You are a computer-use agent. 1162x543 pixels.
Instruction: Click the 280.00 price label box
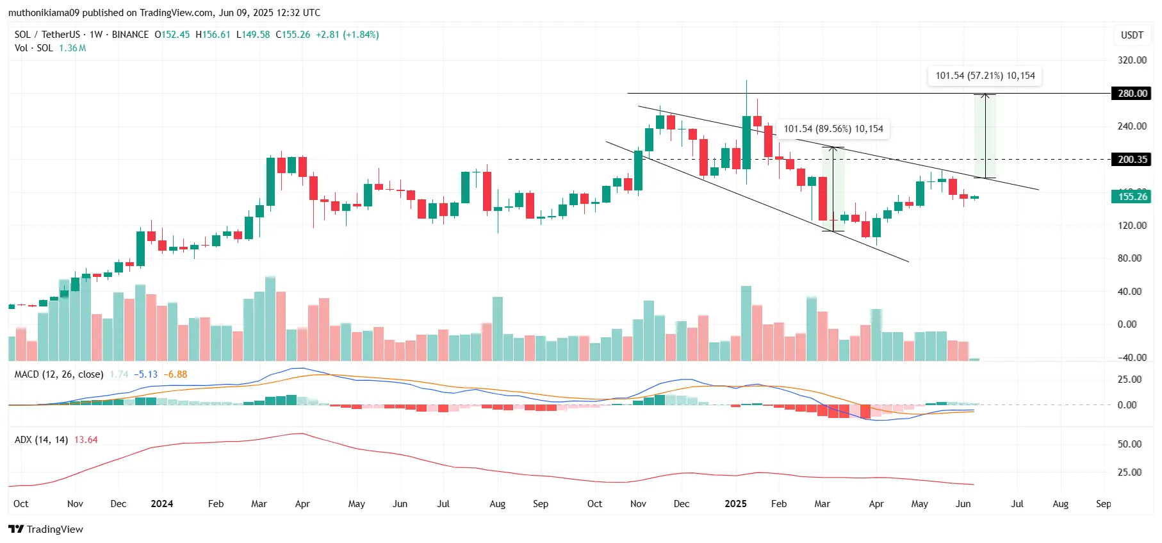click(1132, 94)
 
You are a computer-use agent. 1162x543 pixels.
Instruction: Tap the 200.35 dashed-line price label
click(1132, 160)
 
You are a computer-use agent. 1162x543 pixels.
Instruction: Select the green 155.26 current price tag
click(1132, 197)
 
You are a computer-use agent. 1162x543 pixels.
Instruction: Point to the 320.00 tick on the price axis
click(1132, 60)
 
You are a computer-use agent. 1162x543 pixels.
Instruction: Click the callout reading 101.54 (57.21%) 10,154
click(985, 76)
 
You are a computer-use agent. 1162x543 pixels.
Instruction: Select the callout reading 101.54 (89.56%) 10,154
click(833, 129)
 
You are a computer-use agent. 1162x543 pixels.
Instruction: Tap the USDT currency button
click(1131, 35)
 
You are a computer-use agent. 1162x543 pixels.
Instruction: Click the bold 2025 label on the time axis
click(735, 504)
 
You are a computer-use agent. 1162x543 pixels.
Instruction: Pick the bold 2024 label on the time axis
click(161, 504)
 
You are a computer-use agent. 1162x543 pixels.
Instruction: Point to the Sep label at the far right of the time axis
click(1103, 504)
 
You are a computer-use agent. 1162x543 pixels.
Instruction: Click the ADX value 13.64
click(86, 440)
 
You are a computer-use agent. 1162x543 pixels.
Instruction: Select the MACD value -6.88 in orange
click(175, 374)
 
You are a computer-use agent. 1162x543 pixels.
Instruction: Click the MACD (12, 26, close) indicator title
click(59, 374)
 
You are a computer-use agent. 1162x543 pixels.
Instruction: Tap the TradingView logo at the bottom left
click(45, 529)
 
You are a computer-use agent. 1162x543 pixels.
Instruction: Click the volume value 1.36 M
click(72, 48)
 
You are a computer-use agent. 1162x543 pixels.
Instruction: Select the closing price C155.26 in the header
click(293, 35)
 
